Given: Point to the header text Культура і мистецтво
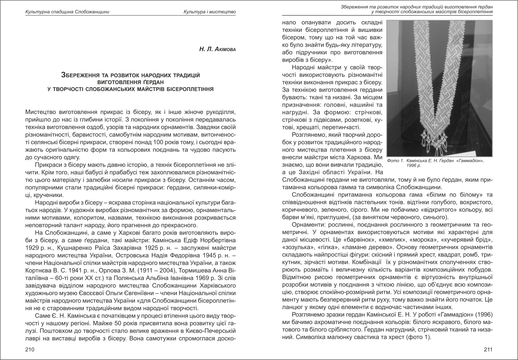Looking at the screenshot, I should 210,11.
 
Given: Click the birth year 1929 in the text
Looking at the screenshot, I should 34,248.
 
